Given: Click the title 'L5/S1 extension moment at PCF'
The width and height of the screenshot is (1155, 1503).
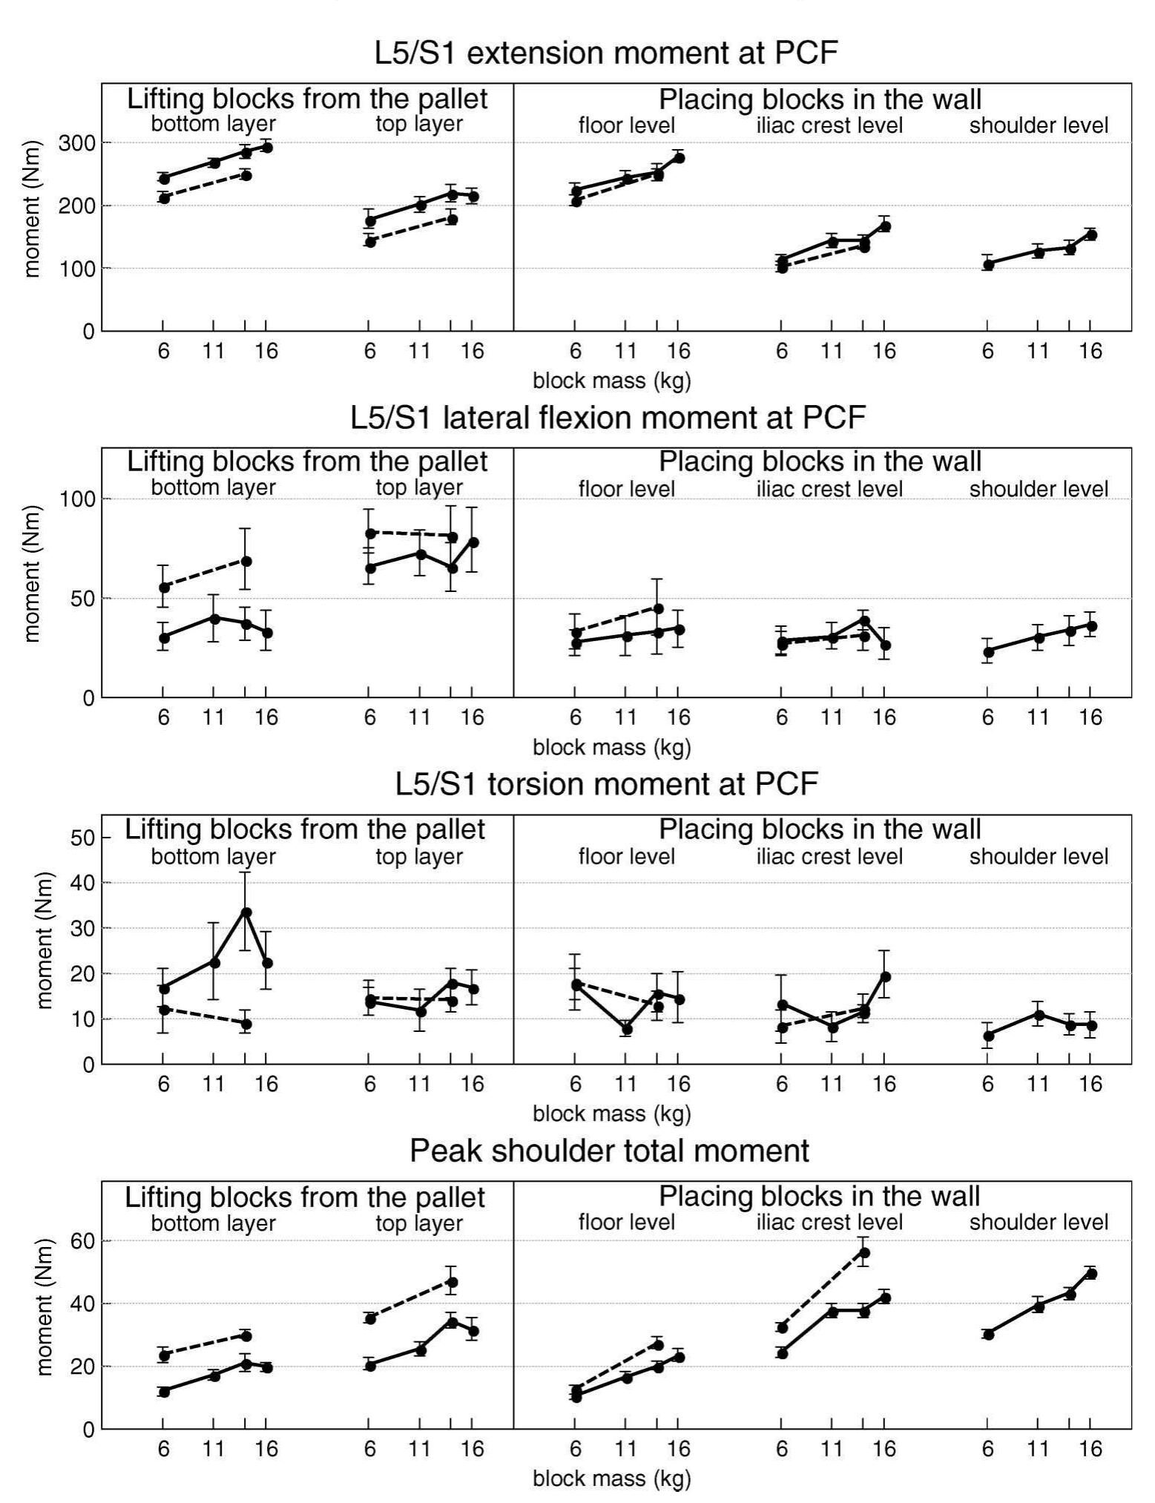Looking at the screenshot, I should point(606,53).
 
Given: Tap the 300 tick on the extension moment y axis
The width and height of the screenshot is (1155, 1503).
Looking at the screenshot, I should point(79,142).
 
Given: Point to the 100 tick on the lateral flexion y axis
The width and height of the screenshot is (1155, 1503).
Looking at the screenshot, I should point(79,499).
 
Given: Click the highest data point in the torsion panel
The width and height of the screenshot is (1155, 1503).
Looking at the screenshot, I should point(246,912).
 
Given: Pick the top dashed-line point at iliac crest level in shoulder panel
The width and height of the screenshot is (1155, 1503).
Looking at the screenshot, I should point(863,1252).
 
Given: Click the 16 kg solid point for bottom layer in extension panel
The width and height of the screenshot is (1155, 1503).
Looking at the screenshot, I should point(267,148).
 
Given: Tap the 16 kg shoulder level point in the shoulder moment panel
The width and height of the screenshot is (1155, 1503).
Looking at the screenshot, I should point(1090,1274).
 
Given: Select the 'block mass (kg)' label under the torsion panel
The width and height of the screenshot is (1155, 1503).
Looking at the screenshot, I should point(611,1114).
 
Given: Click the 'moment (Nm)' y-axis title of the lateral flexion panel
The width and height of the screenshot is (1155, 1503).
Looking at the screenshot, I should point(31,573).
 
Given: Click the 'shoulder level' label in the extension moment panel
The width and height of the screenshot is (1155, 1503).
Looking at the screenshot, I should point(1039,125).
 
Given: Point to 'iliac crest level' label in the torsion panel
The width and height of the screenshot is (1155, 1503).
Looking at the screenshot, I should point(829,857).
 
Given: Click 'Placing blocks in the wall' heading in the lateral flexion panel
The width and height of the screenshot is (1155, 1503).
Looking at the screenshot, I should point(820,461).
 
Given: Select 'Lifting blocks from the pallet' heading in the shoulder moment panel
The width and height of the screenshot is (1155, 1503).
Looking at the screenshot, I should point(304,1197).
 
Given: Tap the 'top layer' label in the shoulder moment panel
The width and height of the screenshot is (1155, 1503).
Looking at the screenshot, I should point(419,1223).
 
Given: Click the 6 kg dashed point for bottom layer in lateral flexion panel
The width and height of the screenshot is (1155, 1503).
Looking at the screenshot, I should point(164,588).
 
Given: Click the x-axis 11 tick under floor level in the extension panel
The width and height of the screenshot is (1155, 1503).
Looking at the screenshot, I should point(626,350).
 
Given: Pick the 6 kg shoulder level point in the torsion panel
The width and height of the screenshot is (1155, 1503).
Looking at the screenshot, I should point(988,1036).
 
